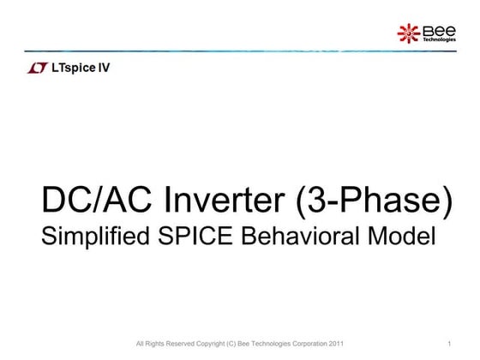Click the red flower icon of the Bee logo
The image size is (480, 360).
pos(409,33)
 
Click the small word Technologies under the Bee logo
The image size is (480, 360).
pos(438,40)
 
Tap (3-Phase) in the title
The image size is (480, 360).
pos(375,201)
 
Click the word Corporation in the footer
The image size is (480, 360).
pos(303,345)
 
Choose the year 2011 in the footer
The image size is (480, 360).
pos(336,345)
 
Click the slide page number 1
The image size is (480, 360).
pos(449,345)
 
